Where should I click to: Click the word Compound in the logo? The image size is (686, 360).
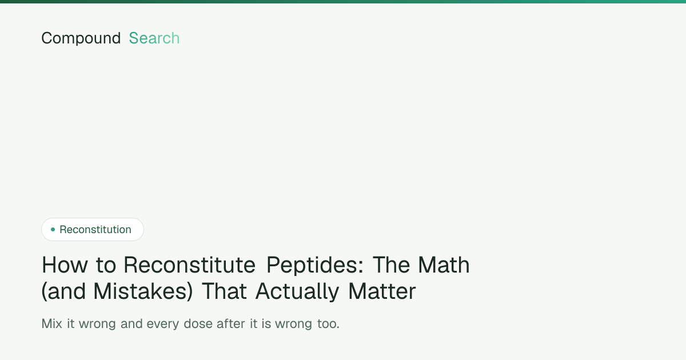[81, 38]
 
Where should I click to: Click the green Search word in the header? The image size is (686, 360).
[154, 38]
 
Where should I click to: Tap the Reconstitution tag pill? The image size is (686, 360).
[93, 229]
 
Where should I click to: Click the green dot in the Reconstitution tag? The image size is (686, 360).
[53, 229]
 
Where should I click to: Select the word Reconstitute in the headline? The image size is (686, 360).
[189, 265]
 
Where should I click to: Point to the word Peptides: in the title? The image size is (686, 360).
[315, 265]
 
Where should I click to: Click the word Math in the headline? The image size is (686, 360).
[444, 265]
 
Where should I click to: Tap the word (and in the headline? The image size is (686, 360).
[63, 291]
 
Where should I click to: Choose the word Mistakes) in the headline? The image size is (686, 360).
[143, 291]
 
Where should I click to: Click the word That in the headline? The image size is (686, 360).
[225, 291]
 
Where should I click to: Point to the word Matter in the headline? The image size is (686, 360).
[382, 291]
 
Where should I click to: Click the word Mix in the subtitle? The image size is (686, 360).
[52, 323]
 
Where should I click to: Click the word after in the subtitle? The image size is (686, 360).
[231, 323]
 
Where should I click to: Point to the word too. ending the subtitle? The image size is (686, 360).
[328, 324]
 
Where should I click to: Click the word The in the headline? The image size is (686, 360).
[391, 265]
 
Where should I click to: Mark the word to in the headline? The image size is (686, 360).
[106, 265]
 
